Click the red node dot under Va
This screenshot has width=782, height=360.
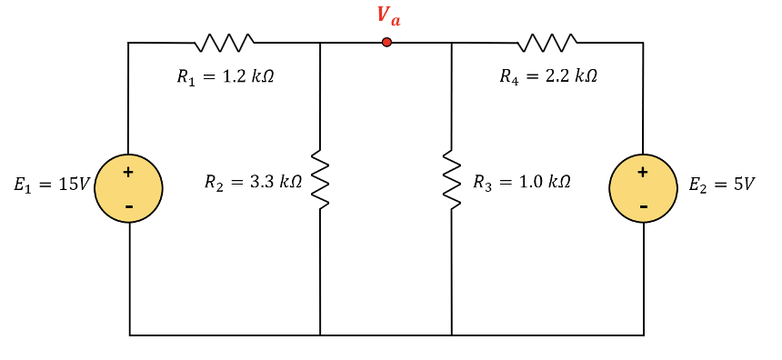coord(386,42)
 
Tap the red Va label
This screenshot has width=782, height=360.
coord(388,15)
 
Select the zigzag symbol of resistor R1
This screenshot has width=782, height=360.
coord(224,41)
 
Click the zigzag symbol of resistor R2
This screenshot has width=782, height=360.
coord(320,180)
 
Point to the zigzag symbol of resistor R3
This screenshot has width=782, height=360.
coord(451,180)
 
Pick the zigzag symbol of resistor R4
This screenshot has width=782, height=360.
coord(546,41)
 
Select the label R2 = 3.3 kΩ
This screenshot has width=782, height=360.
coord(253,183)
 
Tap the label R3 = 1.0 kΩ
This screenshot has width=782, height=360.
coord(522,182)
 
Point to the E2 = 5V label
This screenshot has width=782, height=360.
coord(722,185)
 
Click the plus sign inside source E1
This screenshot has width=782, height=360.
coord(128,171)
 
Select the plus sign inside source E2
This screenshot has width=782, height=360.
coord(643,171)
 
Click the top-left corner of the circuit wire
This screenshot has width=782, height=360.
coord(128,42)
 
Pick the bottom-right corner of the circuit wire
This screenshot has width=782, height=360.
coord(644,335)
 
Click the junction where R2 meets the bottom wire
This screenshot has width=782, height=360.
coord(320,335)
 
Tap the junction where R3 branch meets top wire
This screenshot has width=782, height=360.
coord(451,42)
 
